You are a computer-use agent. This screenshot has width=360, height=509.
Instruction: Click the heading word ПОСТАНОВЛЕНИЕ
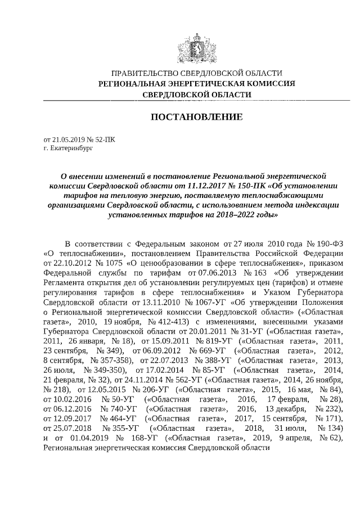click(196, 117)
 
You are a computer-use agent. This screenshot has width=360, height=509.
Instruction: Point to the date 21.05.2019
click(67, 140)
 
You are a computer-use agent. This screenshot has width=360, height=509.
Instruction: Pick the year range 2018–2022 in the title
click(231, 215)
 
